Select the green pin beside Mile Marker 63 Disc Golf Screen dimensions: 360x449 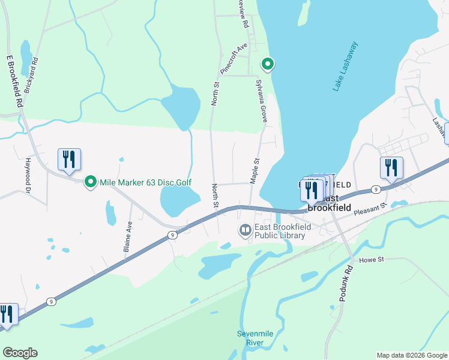[91, 181]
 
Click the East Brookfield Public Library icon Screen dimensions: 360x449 [245, 230]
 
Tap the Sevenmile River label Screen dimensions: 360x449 [250, 338]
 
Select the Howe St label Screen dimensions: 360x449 [371, 260]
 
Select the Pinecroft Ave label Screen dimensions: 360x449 [234, 58]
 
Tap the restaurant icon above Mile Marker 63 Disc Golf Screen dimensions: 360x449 [69, 160]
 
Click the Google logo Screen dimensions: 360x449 [20, 353]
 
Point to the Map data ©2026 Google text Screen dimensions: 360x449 [412, 355]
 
